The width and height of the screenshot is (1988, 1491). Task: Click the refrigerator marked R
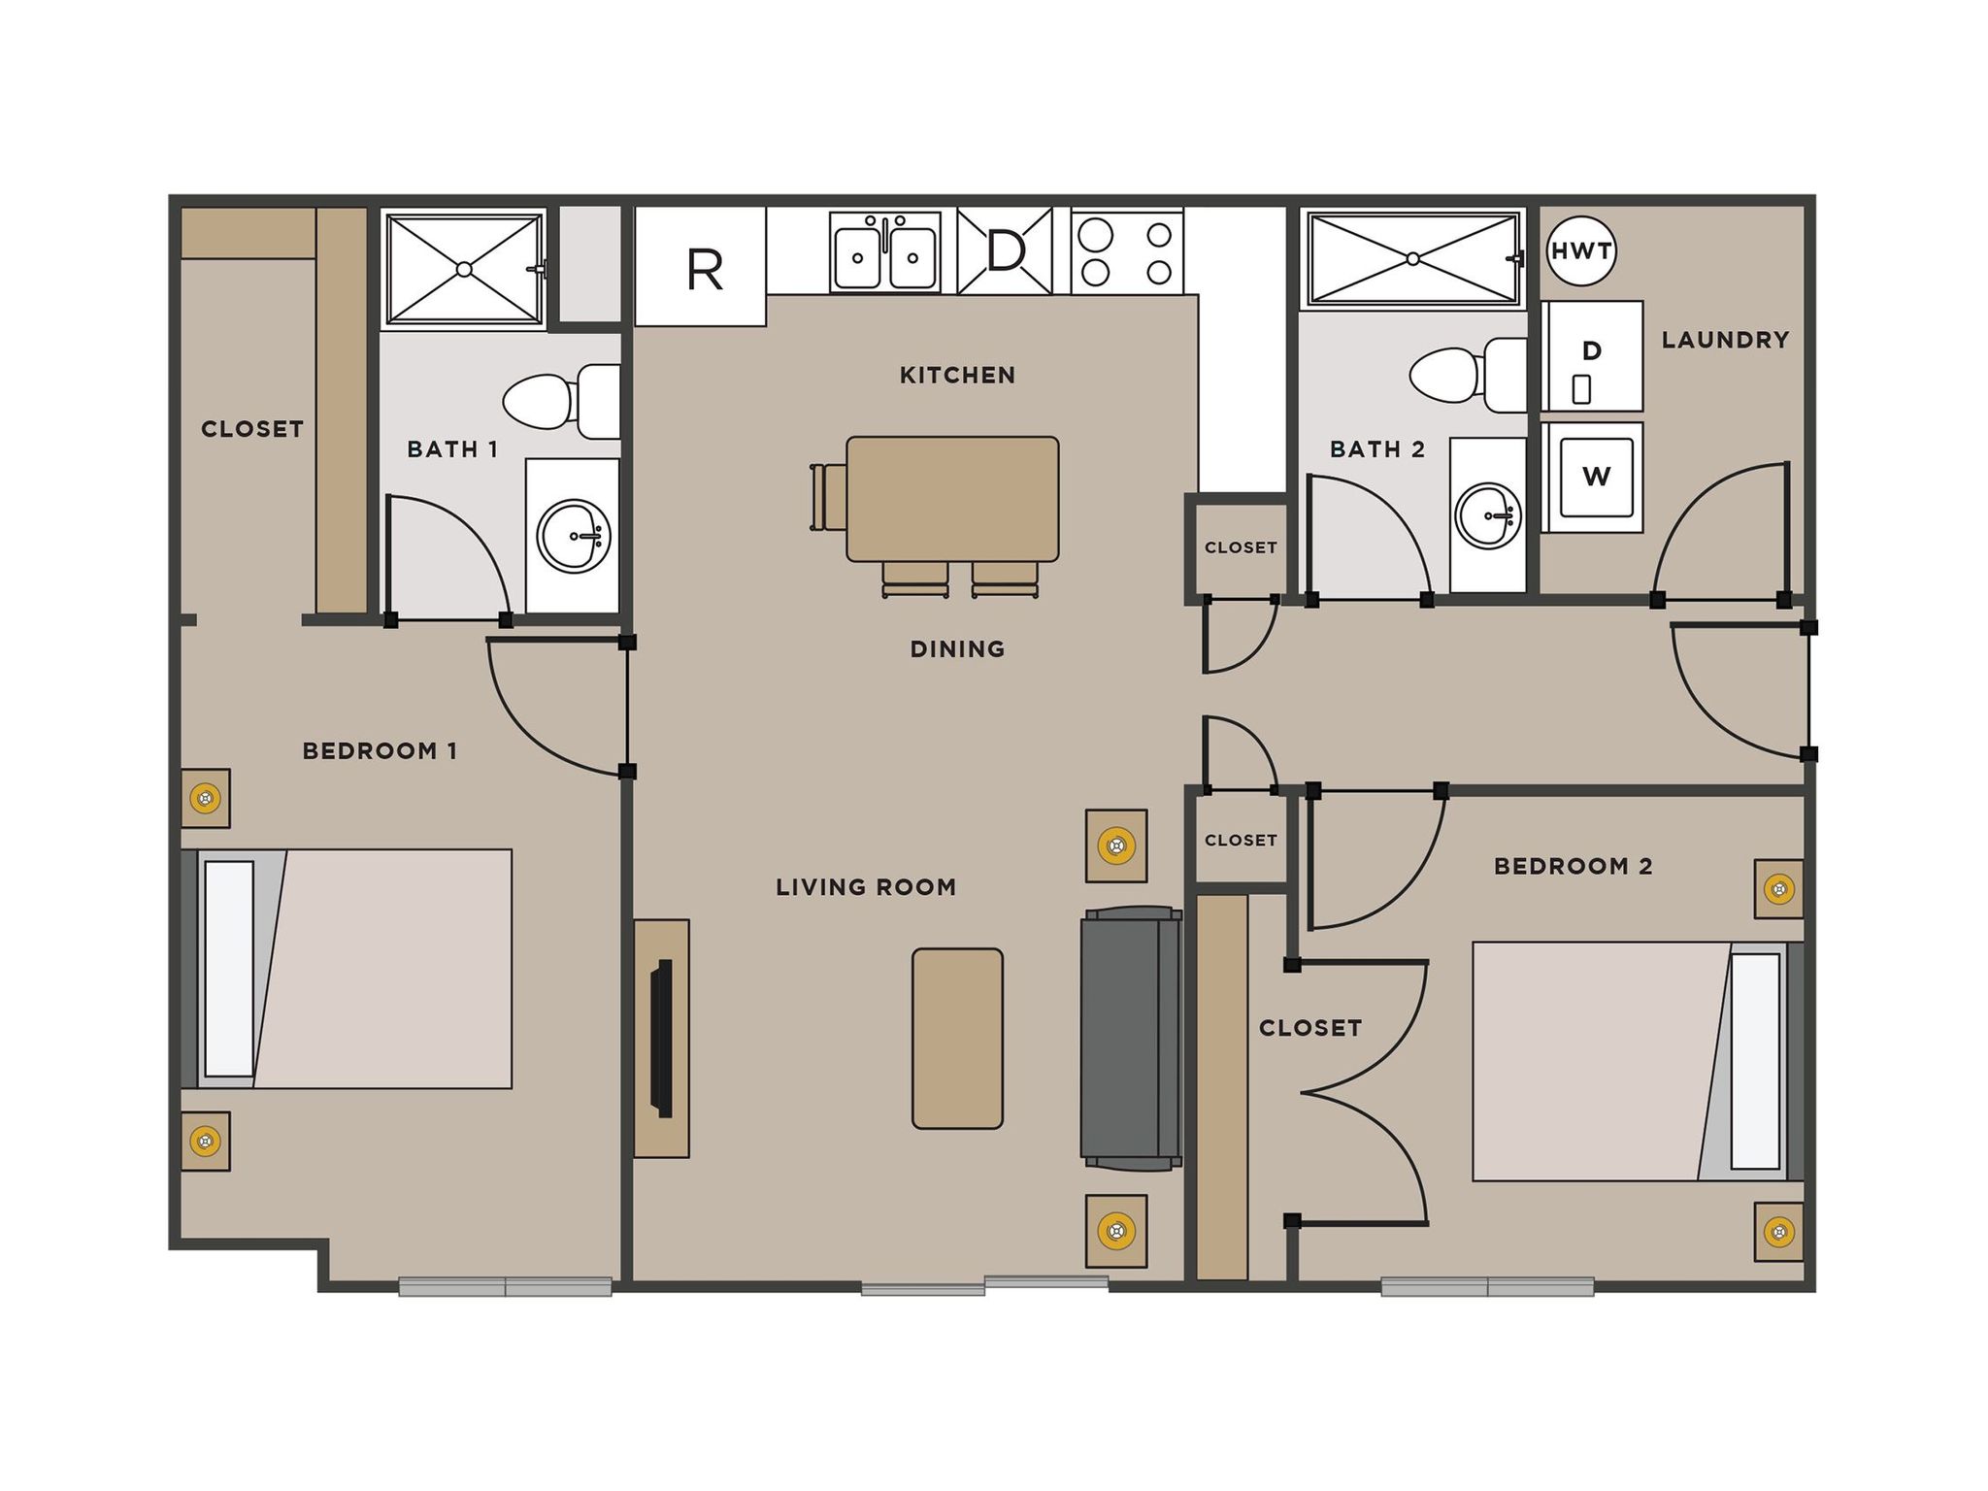701,267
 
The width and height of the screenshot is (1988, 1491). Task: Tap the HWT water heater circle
1581,251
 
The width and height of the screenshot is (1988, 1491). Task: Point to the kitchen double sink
885,253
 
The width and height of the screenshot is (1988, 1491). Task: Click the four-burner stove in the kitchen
1127,252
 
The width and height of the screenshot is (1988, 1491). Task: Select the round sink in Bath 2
1488,515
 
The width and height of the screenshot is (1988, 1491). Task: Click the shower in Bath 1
464,269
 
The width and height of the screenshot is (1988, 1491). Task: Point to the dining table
952,499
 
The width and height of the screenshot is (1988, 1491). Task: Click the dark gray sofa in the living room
1130,1038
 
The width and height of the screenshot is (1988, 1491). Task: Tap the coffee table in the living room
957,1038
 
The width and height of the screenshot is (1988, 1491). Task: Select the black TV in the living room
662,1038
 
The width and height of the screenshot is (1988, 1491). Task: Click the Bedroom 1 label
380,750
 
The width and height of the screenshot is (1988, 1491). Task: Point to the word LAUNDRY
1725,340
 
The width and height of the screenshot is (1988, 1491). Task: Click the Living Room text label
866,886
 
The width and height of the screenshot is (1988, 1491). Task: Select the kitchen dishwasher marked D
1005,251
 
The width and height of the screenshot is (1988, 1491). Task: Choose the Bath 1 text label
452,449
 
